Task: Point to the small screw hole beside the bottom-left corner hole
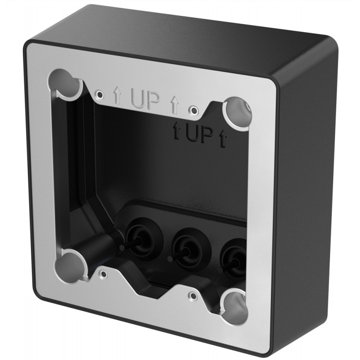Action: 103,274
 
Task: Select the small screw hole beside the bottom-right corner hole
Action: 192,294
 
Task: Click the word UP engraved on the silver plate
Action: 145,101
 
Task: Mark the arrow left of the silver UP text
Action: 117,95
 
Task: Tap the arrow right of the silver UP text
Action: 174,105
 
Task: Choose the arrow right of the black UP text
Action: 222,140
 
